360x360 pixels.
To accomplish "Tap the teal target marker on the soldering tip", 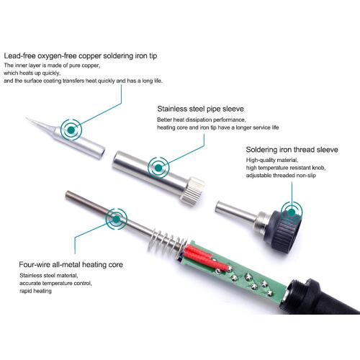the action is point(71,130).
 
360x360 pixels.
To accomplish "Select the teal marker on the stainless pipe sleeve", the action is point(158,168).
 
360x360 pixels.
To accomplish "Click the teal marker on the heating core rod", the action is point(117,219).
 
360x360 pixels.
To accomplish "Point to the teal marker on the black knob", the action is point(292,212).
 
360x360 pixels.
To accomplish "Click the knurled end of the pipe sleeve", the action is point(193,192).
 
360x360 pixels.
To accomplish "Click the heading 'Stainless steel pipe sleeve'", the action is point(200,109).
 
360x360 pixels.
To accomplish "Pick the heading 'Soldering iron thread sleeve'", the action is point(292,150).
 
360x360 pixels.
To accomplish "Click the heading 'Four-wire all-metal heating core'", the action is point(71,264).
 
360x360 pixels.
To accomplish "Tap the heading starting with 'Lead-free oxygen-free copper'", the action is point(81,56).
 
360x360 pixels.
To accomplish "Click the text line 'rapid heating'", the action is point(35,291).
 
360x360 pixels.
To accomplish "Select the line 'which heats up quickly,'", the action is point(32,73).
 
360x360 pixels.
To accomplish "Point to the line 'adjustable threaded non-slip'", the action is point(281,176).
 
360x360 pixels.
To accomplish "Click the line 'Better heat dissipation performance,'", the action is point(202,120).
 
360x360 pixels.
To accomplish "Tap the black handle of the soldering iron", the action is point(323,297).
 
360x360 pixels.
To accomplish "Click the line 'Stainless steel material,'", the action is point(49,275).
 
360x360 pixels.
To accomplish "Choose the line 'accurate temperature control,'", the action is point(55,283).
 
